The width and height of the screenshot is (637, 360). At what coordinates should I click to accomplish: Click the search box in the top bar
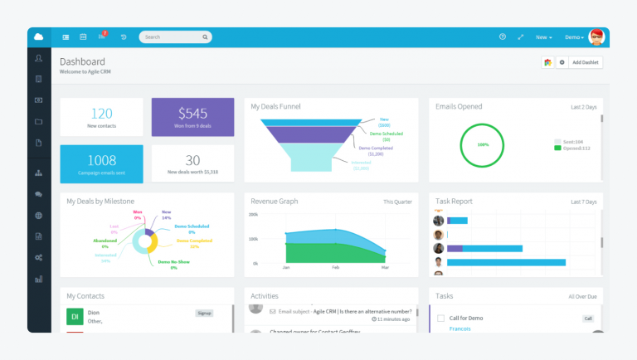pos(176,37)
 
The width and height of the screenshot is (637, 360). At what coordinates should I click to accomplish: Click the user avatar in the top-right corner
pos(596,37)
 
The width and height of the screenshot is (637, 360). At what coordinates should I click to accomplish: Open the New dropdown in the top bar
pos(543,37)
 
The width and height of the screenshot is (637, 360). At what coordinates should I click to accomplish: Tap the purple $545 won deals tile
pos(192,117)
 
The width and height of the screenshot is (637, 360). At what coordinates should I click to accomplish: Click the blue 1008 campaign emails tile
pos(101,163)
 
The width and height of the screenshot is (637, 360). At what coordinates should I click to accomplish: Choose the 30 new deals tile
pos(192,163)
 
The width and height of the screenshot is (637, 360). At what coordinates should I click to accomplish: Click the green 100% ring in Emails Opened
pos(483,144)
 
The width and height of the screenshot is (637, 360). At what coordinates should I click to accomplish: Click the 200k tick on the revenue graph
pos(253,214)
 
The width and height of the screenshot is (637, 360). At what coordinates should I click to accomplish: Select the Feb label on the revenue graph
pos(335,268)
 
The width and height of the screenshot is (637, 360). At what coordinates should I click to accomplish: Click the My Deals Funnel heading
pos(275,106)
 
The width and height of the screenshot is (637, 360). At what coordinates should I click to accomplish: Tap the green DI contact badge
pos(75,316)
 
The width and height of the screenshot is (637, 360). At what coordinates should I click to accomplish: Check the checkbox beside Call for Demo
pos(441,319)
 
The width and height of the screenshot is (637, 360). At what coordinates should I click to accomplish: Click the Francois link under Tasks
pos(460,328)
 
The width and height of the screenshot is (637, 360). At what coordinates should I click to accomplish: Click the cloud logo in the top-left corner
pos(39,37)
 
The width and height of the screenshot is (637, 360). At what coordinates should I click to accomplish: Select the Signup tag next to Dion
pos(204,313)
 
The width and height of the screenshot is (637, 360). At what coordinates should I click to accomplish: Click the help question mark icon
pos(502,37)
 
